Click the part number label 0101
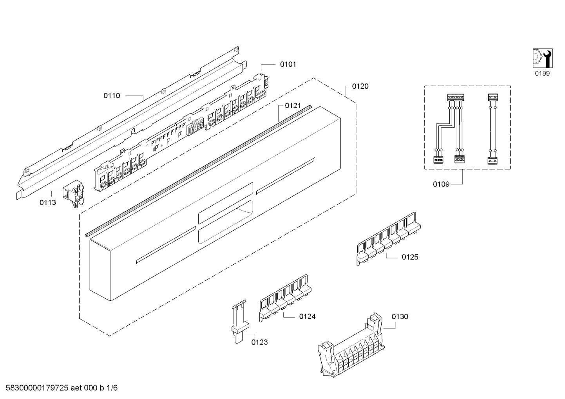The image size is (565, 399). (288, 64)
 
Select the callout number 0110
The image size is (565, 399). (112, 96)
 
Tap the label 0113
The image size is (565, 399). (48, 202)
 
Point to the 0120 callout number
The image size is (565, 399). (360, 86)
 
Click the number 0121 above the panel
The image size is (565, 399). (293, 106)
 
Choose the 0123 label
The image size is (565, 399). (259, 342)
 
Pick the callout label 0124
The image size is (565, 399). (308, 316)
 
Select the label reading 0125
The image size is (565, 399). (410, 257)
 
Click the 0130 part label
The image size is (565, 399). (400, 316)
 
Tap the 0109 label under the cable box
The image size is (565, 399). (441, 184)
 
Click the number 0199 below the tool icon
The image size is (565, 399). (542, 73)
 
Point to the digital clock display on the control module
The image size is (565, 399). (196, 129)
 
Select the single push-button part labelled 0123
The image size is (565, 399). (240, 321)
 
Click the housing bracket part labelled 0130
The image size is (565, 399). (351, 346)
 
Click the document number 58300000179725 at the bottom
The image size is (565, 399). (37, 388)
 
